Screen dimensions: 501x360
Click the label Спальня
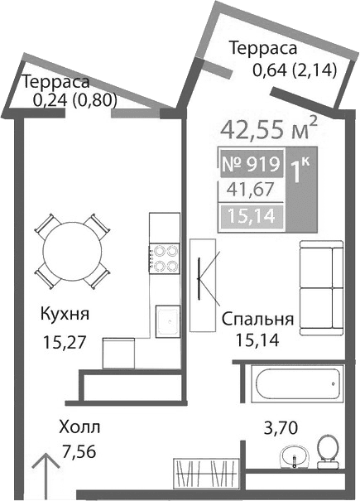point(258,319)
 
